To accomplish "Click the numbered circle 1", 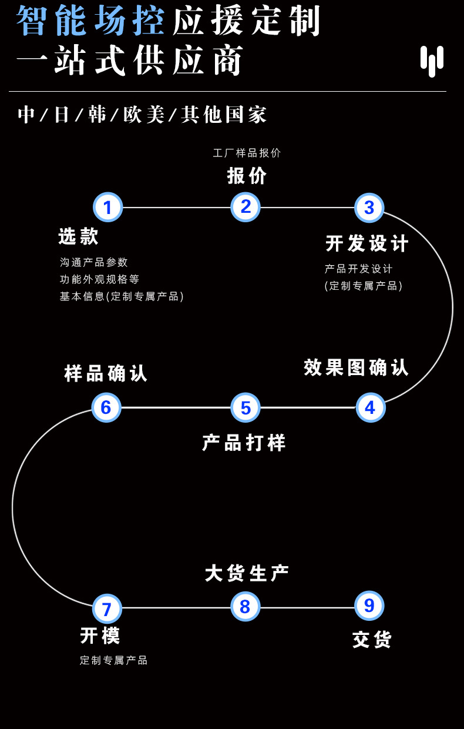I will click(107, 207).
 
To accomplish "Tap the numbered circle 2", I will click(246, 206).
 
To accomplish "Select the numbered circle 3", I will click(369, 207).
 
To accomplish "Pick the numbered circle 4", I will click(370, 407).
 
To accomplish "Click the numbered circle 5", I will click(246, 407).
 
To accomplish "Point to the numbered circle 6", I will click(106, 407).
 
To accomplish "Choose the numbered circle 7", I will click(107, 608).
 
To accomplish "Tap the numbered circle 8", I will click(245, 606).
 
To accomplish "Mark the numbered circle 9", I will click(369, 606).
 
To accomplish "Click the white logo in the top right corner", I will click(432, 61).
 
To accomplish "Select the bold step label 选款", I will click(78, 236).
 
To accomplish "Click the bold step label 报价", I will click(247, 176).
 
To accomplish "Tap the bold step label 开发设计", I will click(367, 243).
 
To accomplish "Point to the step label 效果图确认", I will click(356, 367).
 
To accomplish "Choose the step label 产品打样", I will click(244, 443).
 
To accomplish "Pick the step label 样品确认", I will click(106, 373).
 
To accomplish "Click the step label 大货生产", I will click(247, 573).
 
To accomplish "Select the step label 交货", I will click(372, 640).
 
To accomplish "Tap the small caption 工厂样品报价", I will click(247, 153).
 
